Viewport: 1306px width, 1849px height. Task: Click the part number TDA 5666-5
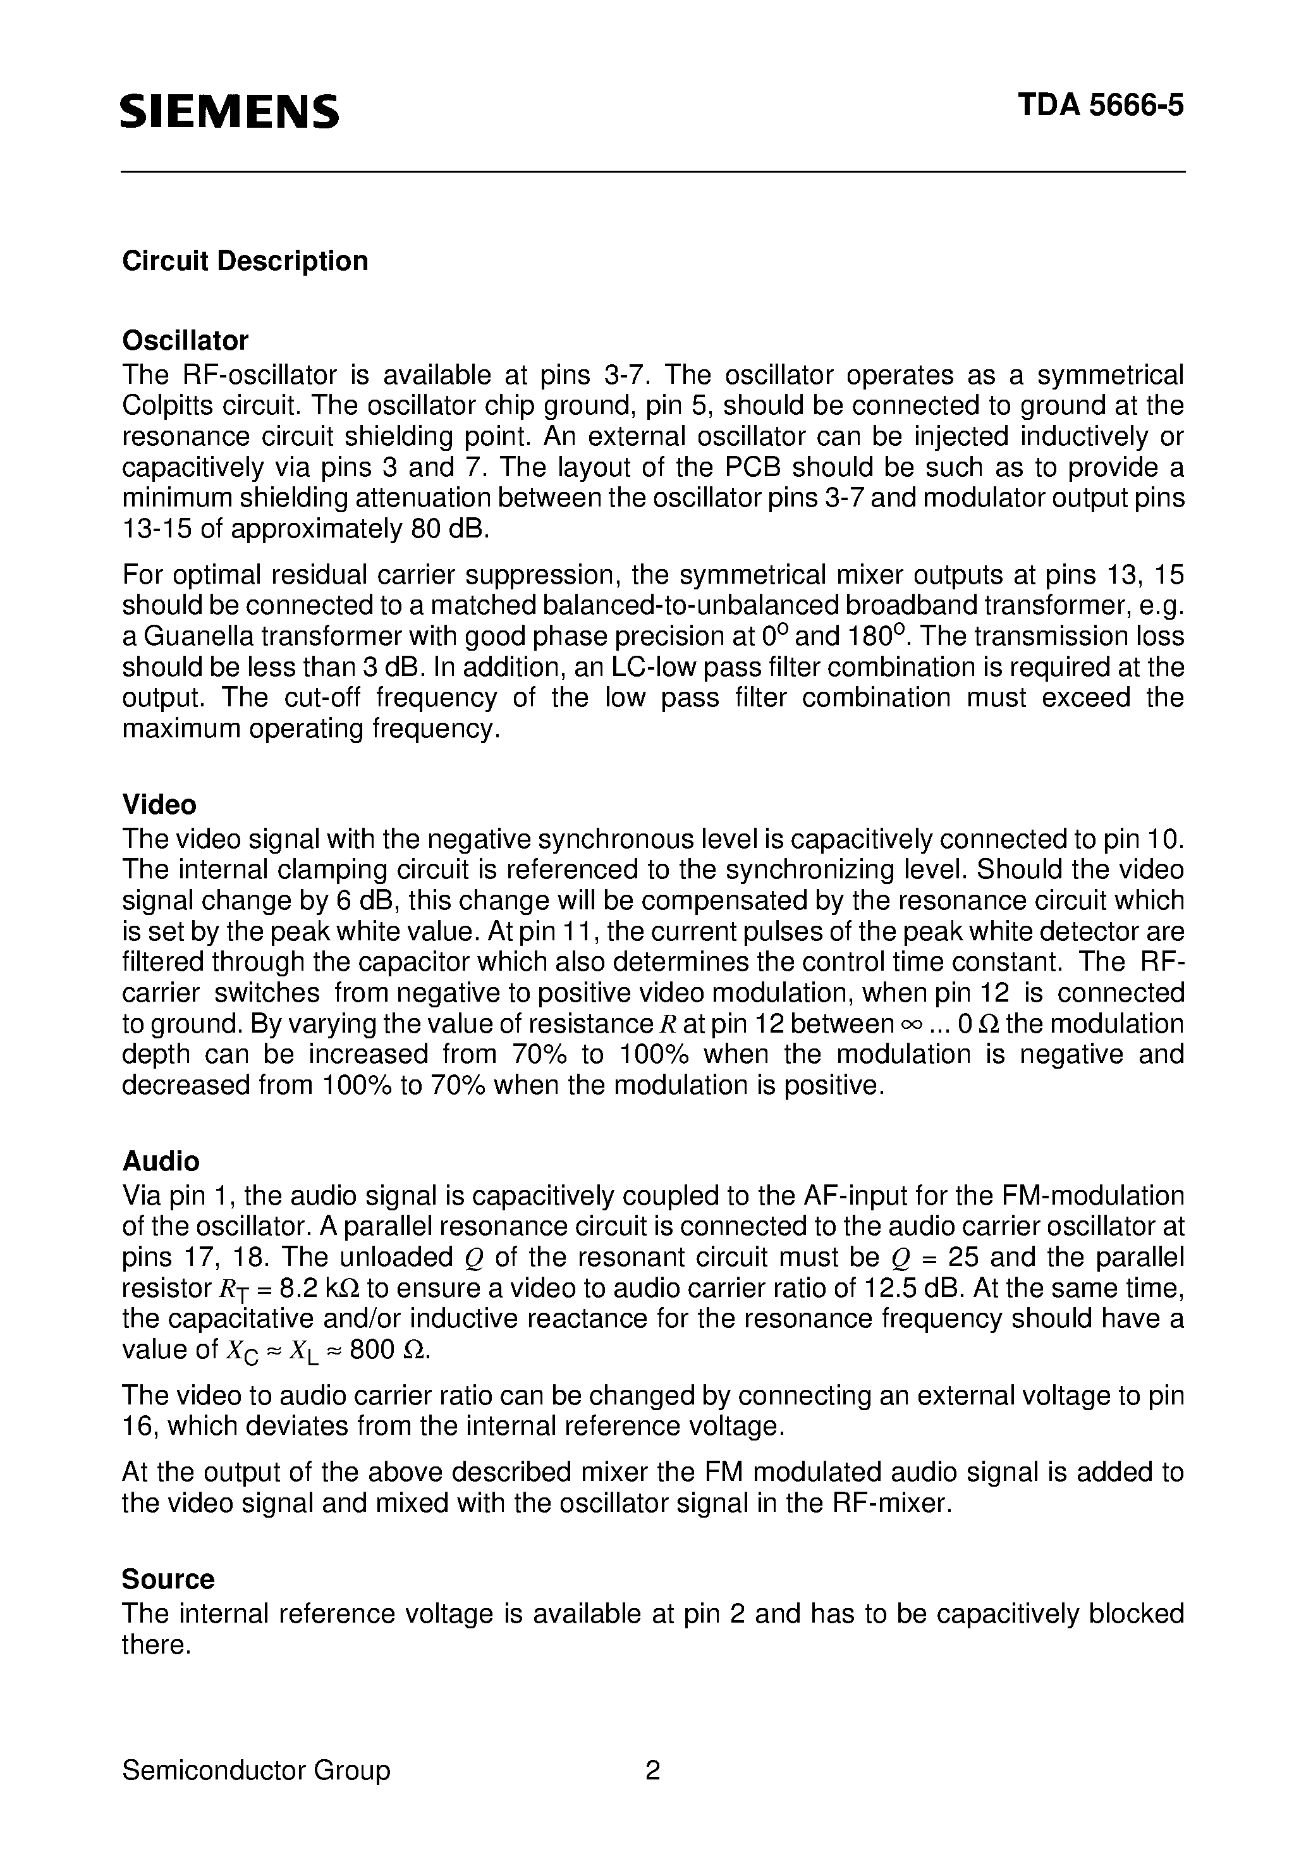(x=1101, y=106)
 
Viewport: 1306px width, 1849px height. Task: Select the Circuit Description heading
(x=245, y=261)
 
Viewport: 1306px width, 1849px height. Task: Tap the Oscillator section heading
(x=185, y=341)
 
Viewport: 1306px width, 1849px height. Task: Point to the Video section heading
(x=159, y=804)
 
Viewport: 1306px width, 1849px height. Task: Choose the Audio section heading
(x=160, y=1160)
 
